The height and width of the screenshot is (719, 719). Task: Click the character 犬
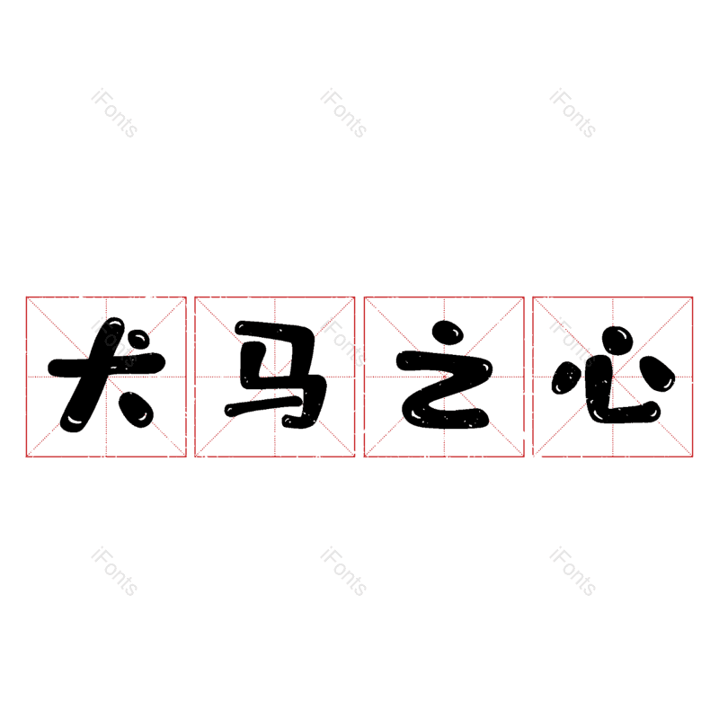(106, 375)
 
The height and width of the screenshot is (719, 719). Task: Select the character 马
(276, 375)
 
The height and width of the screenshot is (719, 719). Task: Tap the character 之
(444, 375)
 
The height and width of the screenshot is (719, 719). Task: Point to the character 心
(613, 375)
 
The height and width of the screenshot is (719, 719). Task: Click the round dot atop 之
(448, 333)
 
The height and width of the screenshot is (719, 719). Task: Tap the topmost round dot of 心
(617, 341)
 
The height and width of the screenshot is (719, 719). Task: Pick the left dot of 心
(565, 377)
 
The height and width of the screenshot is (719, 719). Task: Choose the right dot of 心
(656, 374)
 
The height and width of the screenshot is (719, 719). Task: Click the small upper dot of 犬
(137, 342)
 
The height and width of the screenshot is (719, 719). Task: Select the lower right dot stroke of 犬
(136, 410)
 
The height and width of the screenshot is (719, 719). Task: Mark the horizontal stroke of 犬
(106, 366)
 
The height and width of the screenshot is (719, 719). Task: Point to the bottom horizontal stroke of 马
(263, 407)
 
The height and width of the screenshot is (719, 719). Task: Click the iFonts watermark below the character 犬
(114, 571)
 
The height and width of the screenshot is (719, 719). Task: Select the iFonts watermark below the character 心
(573, 571)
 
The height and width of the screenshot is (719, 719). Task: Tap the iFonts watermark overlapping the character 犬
(114, 342)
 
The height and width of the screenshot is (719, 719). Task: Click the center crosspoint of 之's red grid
(444, 377)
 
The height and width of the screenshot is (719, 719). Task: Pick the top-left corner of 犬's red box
(26, 297)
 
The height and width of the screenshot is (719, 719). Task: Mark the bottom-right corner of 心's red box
(692, 457)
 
